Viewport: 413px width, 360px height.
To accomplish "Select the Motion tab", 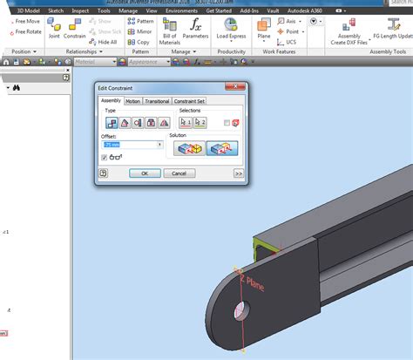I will coord(132,101).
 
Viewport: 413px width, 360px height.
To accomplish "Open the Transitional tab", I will coord(158,101).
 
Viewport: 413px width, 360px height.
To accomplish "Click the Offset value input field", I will coord(130,144).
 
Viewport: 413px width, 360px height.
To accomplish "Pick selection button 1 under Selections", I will coord(186,123).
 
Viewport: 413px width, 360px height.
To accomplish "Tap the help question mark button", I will coord(104,173).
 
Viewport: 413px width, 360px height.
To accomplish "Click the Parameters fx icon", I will coord(196,33).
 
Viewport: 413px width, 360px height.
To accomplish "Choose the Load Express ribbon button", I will coord(231,33).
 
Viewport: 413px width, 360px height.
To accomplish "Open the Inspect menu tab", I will coord(80,10).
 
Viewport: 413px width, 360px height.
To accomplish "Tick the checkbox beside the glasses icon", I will coord(105,157).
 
